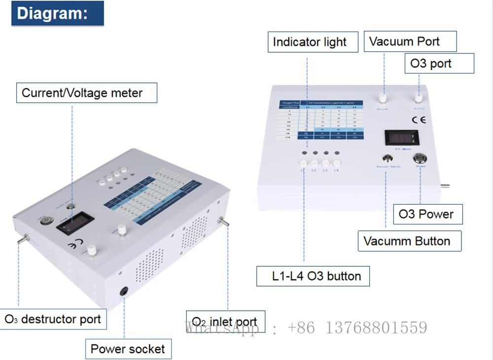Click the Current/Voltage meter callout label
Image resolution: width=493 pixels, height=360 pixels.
[x=82, y=93]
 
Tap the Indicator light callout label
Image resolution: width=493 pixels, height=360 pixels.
[x=310, y=42]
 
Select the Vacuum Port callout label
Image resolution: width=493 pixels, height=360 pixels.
[x=404, y=41]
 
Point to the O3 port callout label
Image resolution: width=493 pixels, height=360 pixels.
[x=431, y=64]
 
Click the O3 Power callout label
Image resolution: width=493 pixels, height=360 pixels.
[x=426, y=214]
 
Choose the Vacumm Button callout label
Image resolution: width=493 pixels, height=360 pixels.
[x=407, y=241]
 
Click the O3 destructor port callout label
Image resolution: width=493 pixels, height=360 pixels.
[x=53, y=319]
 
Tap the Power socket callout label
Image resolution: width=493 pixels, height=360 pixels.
[x=128, y=349]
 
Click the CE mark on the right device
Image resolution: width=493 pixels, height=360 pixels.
[x=419, y=120]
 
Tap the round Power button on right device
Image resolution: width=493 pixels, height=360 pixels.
[x=421, y=158]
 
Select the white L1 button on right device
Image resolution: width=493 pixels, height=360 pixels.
[x=304, y=164]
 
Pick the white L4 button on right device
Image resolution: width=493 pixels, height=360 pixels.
[x=337, y=163]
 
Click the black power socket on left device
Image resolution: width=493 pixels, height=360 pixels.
[x=124, y=292]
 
